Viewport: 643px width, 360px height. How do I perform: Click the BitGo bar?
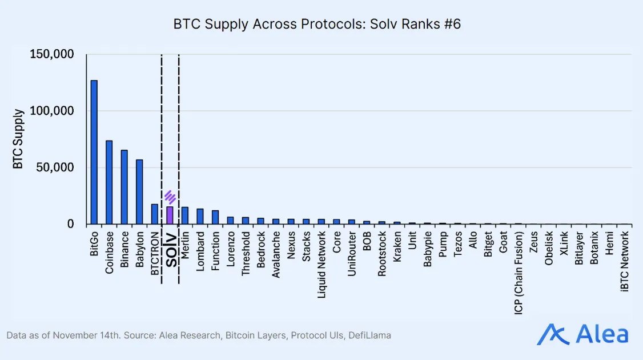click(94, 152)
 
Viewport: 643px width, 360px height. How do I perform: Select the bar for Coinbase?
click(109, 182)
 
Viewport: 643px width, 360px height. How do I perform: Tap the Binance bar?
click(124, 187)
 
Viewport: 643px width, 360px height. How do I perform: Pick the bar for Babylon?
click(139, 191)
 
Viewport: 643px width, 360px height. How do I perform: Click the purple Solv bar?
click(170, 215)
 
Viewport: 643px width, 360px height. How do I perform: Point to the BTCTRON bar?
click(154, 214)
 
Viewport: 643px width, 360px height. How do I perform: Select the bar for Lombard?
click(200, 216)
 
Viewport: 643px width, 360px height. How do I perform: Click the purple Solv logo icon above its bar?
click(170, 197)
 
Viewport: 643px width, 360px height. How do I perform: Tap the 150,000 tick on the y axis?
click(51, 54)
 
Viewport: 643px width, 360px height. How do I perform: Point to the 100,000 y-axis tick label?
click(51, 111)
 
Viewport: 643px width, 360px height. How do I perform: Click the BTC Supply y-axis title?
click(18, 139)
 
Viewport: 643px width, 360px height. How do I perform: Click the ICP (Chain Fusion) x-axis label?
click(518, 273)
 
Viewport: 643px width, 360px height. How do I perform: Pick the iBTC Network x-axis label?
click(624, 262)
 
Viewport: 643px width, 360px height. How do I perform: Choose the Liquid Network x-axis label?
click(321, 265)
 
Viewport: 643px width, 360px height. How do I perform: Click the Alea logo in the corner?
click(582, 334)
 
